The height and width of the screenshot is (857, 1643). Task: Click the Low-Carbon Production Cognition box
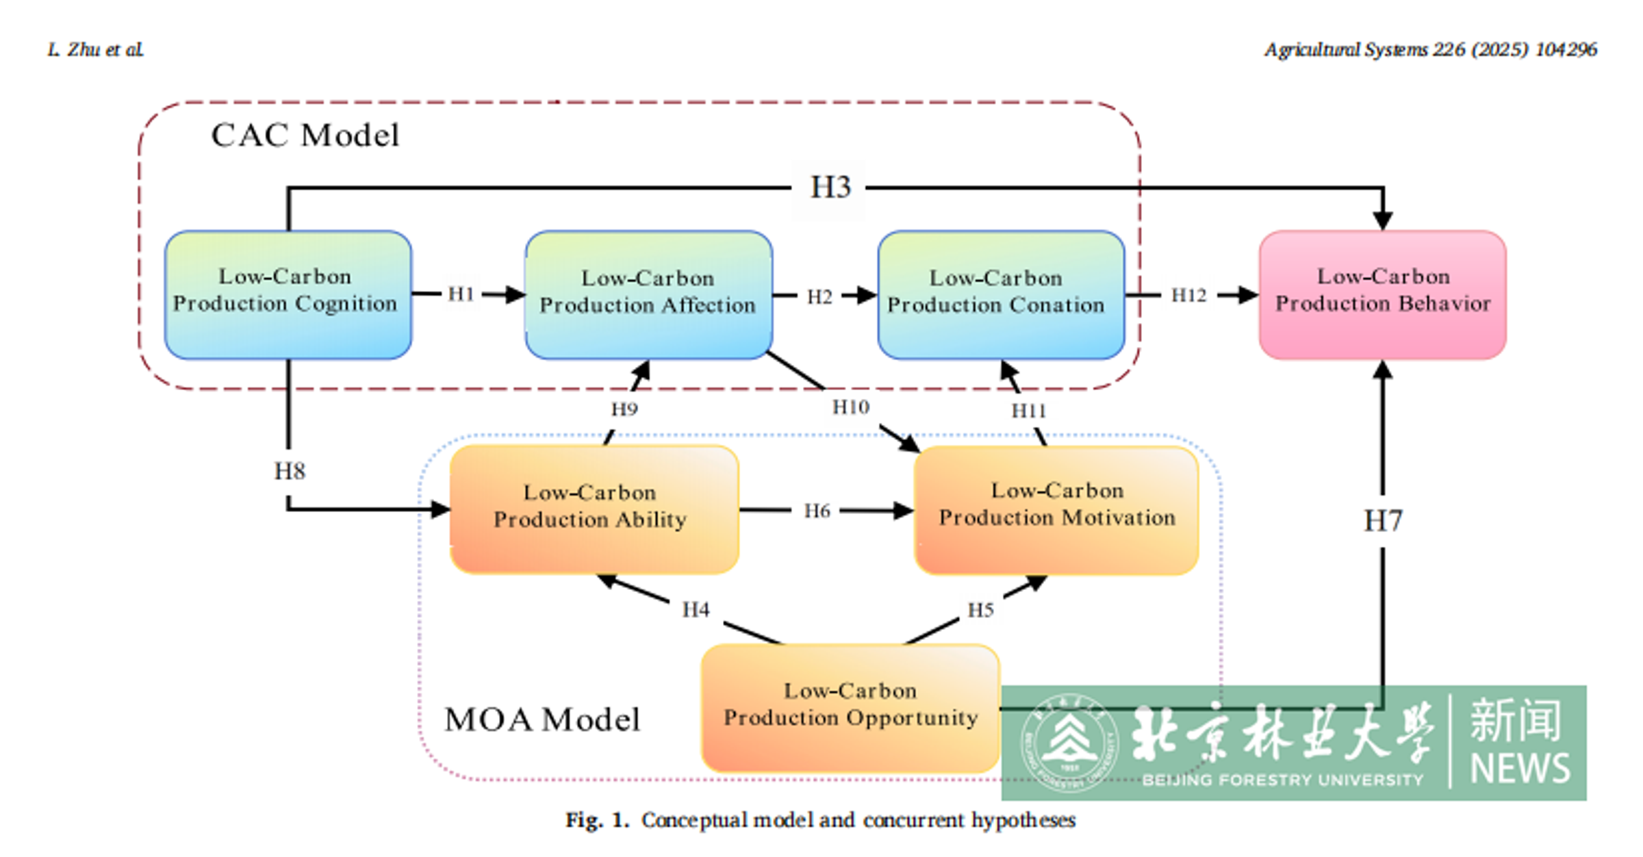pos(288,294)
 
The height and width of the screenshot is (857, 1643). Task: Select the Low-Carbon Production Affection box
pos(648,294)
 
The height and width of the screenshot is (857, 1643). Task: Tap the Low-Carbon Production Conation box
pos(1000,294)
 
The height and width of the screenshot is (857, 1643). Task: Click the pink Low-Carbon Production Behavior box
pos(1382,294)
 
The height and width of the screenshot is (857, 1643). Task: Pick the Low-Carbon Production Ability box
pos(593,509)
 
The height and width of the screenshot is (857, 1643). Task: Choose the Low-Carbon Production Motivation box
pos(1056,509)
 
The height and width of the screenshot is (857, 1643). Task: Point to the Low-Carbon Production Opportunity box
pos(850,707)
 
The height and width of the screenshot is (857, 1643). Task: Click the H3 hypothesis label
pos(830,188)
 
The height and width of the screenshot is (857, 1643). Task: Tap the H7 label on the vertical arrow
pos(1383,521)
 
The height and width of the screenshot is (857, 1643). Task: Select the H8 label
pos(290,471)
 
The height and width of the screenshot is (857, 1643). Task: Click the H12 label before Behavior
pos(1188,295)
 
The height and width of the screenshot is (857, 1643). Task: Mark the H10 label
pos(850,407)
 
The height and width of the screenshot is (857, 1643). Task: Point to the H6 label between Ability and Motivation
pos(817,511)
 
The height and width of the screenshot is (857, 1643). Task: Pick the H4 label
pos(696,609)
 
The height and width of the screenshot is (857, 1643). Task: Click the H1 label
pos(461,294)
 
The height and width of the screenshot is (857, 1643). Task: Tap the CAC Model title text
pos(305,135)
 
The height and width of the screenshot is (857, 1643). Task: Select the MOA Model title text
pos(542,719)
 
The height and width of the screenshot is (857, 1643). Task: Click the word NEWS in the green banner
pos(1520,769)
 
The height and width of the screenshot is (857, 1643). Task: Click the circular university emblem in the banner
pos(1069,743)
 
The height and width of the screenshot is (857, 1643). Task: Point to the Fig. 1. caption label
pos(597,820)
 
